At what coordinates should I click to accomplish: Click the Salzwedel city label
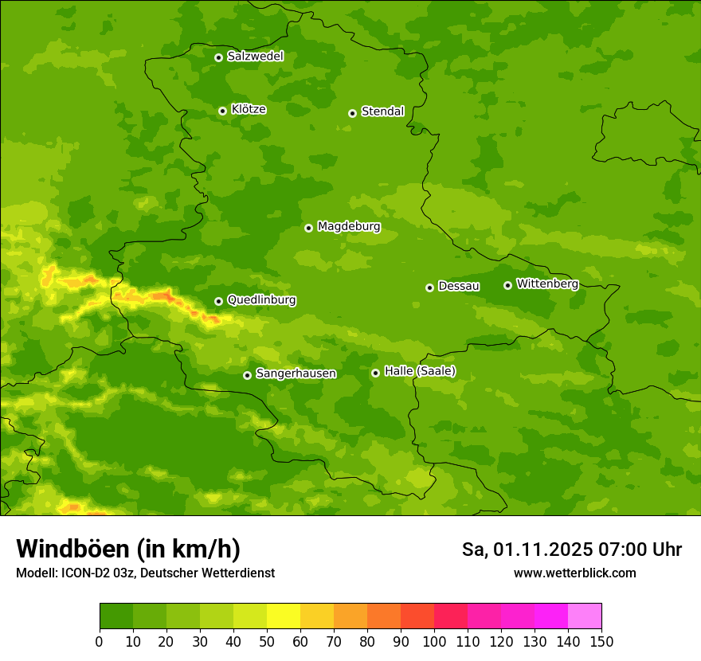tap(255, 57)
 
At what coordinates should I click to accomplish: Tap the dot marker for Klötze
tap(222, 111)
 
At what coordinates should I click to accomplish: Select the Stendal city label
tap(382, 111)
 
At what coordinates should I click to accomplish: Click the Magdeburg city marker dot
tap(308, 228)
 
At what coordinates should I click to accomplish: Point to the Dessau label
tap(459, 286)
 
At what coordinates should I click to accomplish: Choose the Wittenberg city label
tap(547, 284)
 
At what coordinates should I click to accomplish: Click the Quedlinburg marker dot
tap(218, 301)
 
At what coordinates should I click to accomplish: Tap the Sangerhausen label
tap(296, 374)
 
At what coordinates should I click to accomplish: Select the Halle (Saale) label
tap(420, 371)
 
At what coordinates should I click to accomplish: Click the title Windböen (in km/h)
tap(128, 549)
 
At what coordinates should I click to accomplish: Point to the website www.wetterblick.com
tap(574, 573)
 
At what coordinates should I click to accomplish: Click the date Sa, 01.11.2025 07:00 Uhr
tap(571, 550)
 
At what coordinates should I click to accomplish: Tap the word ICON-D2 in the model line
tap(83, 573)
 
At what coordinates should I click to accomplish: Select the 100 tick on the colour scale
tap(434, 640)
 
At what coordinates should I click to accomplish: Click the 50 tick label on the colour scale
tap(267, 640)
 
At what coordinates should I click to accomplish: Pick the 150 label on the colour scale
tap(601, 640)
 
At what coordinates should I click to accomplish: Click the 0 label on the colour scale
tap(100, 640)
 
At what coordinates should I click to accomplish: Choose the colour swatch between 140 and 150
tap(585, 616)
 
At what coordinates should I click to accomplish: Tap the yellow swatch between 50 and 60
tap(284, 616)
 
